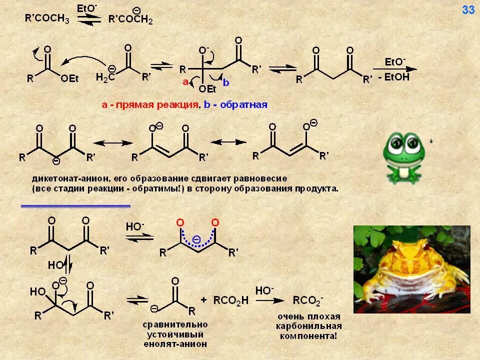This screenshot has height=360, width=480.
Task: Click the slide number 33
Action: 468,10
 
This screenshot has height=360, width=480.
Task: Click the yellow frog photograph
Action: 411,269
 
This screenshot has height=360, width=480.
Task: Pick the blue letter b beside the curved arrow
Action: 226,83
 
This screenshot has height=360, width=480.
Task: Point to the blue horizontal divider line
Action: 75,205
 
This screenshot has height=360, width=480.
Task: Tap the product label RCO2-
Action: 308,300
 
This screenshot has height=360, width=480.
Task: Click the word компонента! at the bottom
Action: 308,335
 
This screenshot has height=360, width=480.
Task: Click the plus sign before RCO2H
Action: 203,300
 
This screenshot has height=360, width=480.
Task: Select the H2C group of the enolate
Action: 105,76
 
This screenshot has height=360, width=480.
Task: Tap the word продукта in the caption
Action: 316,189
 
